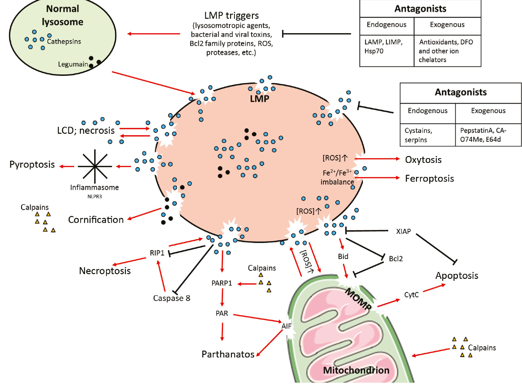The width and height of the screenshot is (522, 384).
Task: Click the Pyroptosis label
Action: click(x=32, y=164)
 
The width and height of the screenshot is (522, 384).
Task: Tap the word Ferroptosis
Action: click(x=429, y=179)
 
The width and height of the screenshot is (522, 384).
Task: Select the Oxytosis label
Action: click(x=423, y=160)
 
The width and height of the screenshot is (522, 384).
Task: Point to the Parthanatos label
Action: click(x=228, y=355)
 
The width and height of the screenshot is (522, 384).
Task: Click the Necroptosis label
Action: click(x=105, y=271)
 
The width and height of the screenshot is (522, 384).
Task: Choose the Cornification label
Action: click(x=96, y=220)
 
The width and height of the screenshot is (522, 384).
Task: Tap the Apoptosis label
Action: click(x=456, y=276)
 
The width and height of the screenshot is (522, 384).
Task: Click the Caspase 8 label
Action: click(x=172, y=298)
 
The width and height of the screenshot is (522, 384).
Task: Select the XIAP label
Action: click(x=403, y=231)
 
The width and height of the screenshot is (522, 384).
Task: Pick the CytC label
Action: click(x=411, y=295)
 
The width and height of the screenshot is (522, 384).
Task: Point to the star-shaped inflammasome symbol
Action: click(x=95, y=166)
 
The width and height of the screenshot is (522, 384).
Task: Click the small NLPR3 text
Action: click(x=95, y=196)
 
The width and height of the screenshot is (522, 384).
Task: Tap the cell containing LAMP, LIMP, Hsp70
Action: click(x=387, y=50)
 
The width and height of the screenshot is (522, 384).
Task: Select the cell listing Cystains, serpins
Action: click(x=427, y=135)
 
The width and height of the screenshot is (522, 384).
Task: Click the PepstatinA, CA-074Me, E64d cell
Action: click(x=488, y=135)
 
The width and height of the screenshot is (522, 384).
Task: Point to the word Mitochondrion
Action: click(x=356, y=370)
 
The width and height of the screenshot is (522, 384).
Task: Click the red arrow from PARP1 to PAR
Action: click(x=222, y=297)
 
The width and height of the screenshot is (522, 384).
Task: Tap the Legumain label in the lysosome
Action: click(x=73, y=64)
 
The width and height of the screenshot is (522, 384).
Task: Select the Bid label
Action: click(x=343, y=256)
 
